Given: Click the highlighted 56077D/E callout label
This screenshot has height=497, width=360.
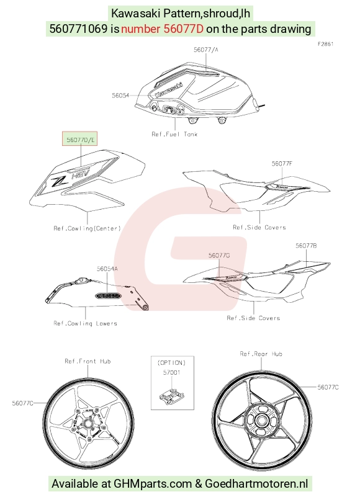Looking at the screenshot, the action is tap(79, 139).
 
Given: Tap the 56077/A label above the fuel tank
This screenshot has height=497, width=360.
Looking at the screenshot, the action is tap(206, 50).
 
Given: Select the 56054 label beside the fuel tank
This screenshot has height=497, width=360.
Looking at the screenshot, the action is tap(120, 95).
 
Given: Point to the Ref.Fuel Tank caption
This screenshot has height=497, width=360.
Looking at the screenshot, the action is tap(174, 134).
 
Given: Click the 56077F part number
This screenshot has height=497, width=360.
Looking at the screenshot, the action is tap(282, 164).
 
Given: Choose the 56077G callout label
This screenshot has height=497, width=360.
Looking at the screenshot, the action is tap(219, 255).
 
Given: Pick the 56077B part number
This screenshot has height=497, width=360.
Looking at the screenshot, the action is tap(306, 246).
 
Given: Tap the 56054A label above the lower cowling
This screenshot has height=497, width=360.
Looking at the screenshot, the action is tap(107, 269).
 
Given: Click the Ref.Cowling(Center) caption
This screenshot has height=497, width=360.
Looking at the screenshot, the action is tap(88, 228).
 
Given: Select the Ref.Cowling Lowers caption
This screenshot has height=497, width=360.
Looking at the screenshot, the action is tap(85, 323).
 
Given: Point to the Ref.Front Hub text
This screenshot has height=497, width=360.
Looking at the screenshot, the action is tap(88, 361).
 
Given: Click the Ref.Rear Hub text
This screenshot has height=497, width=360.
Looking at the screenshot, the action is tap(261, 354).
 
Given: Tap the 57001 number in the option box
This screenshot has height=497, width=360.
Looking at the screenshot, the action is tap(171, 372).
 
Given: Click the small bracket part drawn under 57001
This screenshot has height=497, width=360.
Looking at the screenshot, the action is tap(171, 396).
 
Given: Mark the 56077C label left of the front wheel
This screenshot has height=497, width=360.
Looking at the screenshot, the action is tap(22, 403).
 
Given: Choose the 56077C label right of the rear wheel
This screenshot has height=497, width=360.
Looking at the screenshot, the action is tap(328, 387).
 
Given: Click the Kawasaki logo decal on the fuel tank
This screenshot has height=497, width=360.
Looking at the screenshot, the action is tap(169, 90).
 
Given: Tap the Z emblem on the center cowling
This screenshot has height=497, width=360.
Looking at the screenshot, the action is tap(59, 181).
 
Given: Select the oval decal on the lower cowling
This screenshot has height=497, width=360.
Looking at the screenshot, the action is tap(108, 296).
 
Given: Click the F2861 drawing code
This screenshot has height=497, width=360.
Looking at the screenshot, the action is tap(325, 44).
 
